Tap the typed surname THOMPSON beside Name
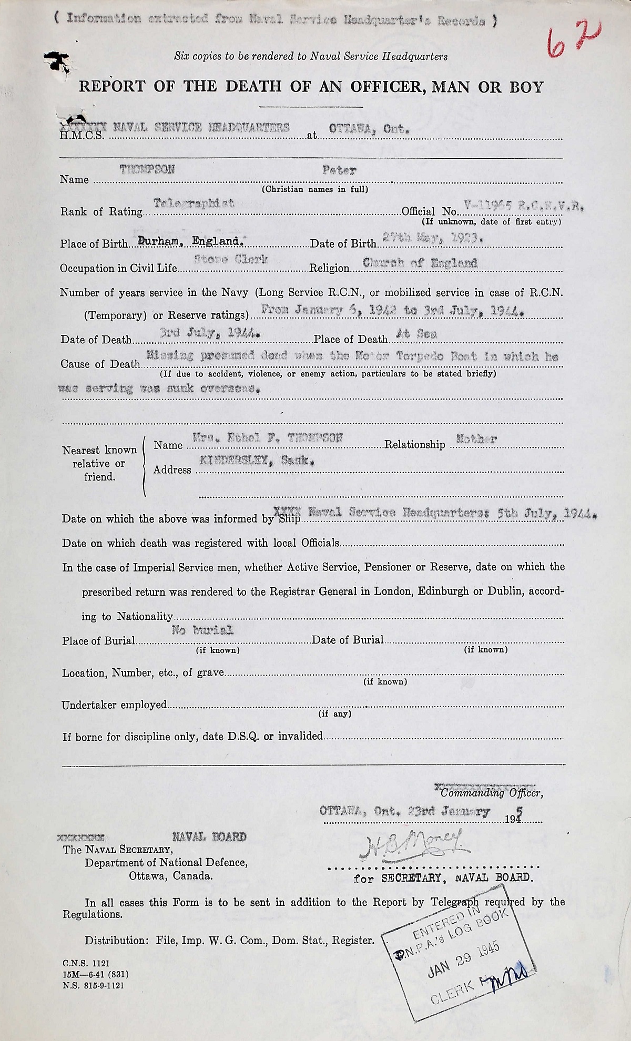click(x=147, y=170)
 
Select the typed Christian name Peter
click(x=340, y=170)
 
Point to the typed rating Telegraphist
click(x=194, y=203)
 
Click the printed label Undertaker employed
click(x=114, y=705)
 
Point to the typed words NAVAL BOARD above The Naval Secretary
click(x=209, y=836)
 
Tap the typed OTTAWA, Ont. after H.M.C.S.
click(x=367, y=129)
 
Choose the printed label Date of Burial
click(x=348, y=640)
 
